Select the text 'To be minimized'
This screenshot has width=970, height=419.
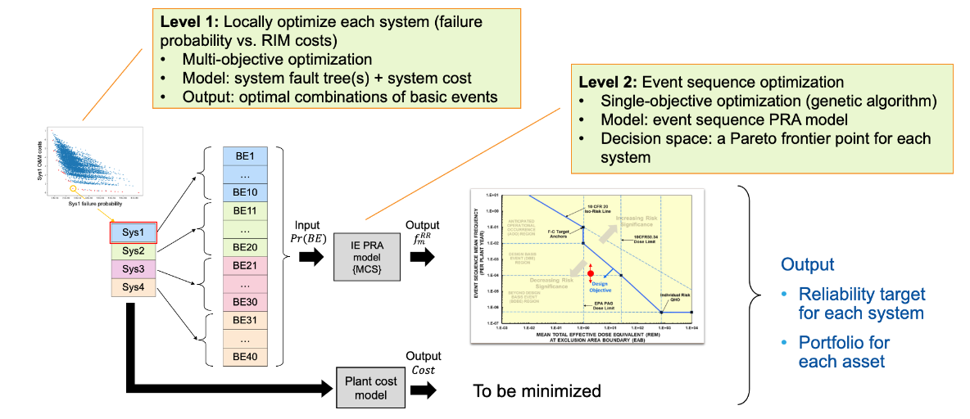pyautogui.click(x=537, y=390)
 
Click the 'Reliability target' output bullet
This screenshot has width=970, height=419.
pyautogui.click(x=861, y=303)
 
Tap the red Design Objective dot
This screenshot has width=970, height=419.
pyautogui.click(x=590, y=273)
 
